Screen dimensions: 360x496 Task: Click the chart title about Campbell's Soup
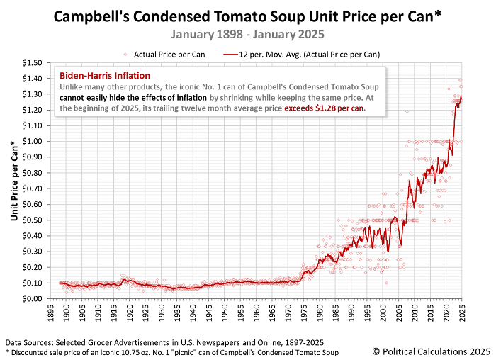(248, 15)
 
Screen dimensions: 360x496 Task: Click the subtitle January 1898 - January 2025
(247, 33)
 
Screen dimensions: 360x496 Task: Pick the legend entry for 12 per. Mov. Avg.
(305, 53)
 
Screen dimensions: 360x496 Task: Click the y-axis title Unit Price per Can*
(15, 180)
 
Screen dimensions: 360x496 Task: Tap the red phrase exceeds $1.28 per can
(320, 108)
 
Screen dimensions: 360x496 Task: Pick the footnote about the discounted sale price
(171, 352)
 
